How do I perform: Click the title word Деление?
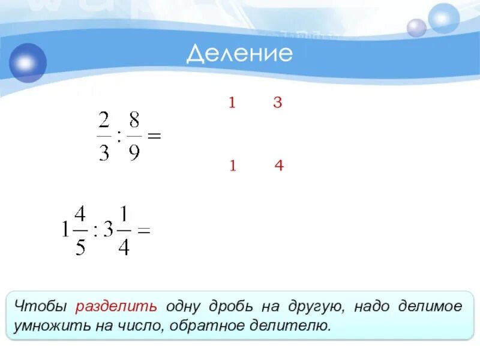[239, 54]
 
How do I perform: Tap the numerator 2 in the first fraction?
[104, 121]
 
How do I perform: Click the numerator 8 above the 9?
[134, 121]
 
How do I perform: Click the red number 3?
[277, 103]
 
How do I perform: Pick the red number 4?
[278, 166]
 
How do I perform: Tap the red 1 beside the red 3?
[231, 103]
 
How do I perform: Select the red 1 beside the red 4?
[232, 166]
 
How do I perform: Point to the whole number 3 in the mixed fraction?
[108, 230]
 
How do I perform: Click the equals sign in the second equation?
[143, 230]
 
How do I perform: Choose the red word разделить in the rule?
[116, 307]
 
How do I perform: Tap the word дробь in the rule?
[230, 307]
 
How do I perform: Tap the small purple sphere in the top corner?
[416, 28]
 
